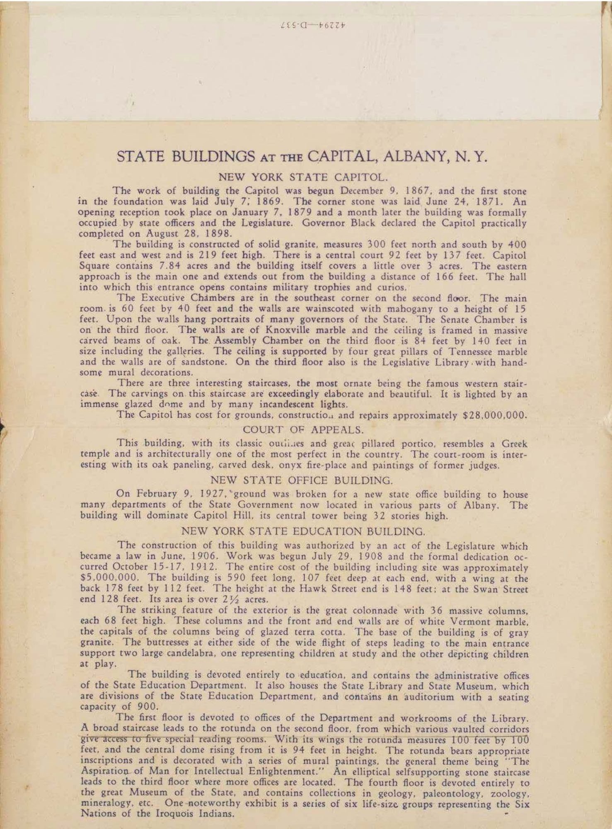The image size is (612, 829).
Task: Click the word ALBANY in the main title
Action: tap(416, 157)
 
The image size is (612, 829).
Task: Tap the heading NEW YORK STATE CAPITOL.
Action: tap(303, 178)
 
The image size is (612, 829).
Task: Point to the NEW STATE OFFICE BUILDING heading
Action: tap(301, 480)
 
